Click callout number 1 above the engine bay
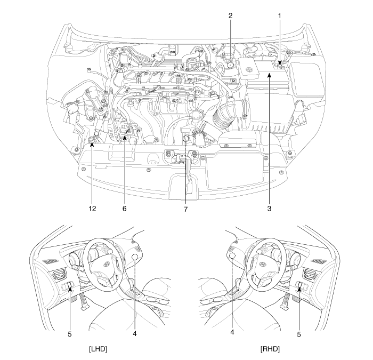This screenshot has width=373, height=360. [x=279, y=16]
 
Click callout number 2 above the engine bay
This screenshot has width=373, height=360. [x=230, y=16]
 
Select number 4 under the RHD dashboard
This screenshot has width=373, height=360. [x=233, y=331]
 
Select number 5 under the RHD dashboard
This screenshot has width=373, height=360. [x=299, y=334]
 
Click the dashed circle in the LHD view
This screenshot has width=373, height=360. [x=135, y=258]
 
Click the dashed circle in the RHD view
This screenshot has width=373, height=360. [x=232, y=258]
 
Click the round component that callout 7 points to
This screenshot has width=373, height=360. [x=185, y=140]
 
